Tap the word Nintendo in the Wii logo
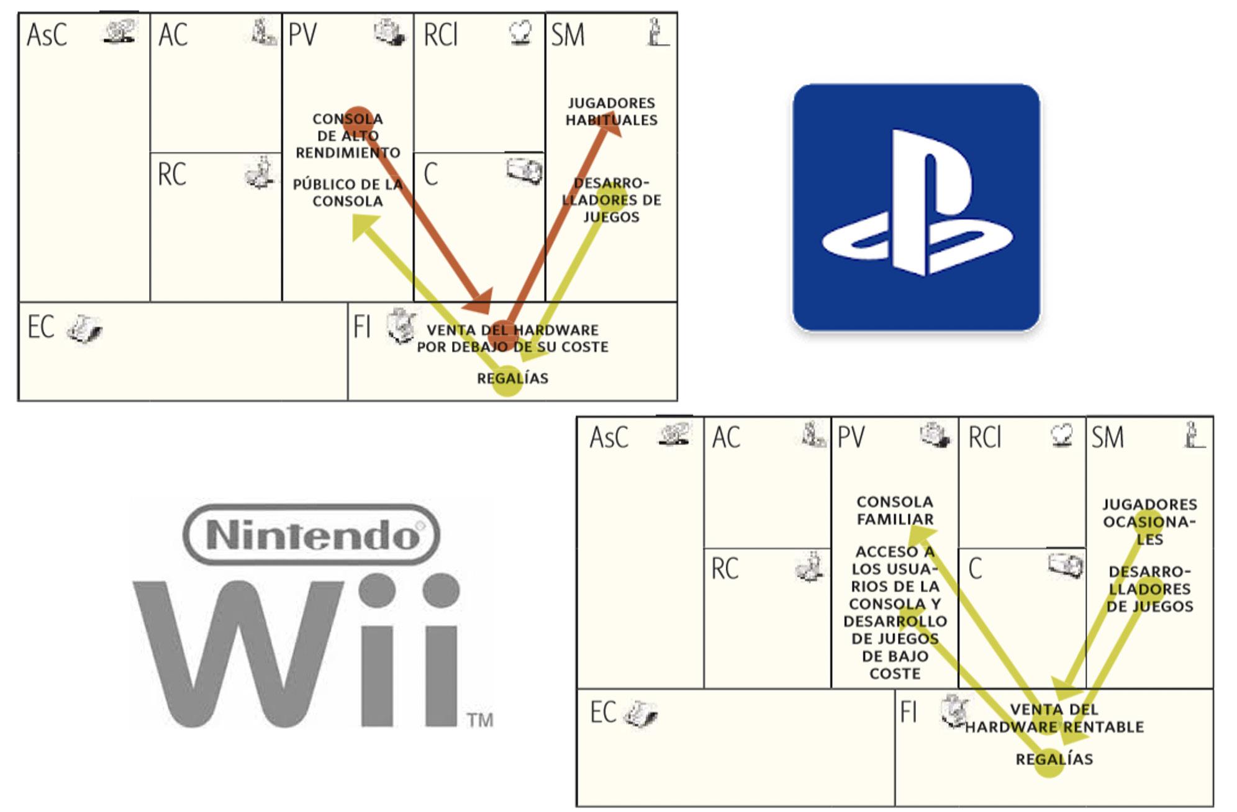[312, 535]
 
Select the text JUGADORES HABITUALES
[611, 112]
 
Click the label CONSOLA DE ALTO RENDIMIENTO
[348, 135]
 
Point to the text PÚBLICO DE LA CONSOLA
[348, 192]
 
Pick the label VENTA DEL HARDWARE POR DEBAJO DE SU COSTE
[512, 338]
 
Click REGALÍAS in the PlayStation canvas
[512, 378]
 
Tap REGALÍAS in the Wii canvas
[1054, 759]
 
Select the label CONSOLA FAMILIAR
[895, 510]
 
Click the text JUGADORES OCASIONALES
[1149, 521]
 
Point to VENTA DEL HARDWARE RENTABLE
[1054, 718]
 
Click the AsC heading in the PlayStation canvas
[47, 35]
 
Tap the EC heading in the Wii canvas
[603, 712]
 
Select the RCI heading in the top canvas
[440, 35]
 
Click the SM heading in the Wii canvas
[1108, 437]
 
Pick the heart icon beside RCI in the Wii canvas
[1062, 435]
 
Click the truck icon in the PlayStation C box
[524, 169]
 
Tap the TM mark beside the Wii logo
[480, 720]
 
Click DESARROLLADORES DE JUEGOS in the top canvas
[611, 200]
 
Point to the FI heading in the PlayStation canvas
[361, 327]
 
